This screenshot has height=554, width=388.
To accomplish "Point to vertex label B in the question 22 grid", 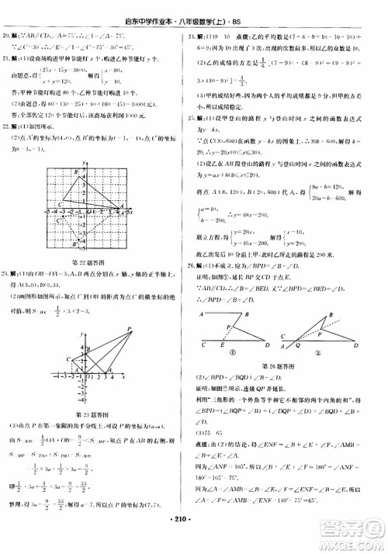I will (x=77, y=172).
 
